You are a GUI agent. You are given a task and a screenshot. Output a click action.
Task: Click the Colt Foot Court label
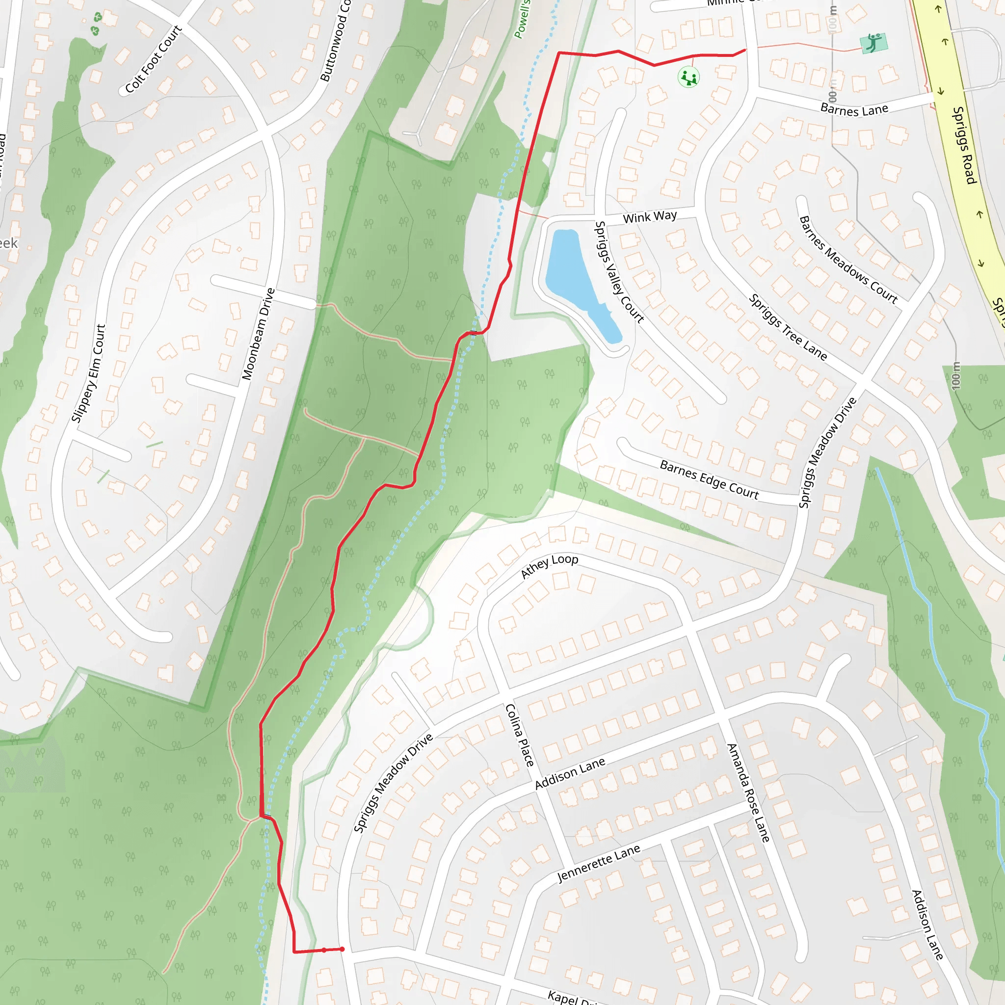pyautogui.click(x=154, y=59)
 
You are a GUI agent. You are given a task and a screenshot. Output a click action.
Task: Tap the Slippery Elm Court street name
pyautogui.click(x=88, y=373)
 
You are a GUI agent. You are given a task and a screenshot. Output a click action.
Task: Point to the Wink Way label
pyautogui.click(x=650, y=216)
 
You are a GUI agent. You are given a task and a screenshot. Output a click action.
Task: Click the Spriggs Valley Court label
pyautogui.click(x=619, y=271)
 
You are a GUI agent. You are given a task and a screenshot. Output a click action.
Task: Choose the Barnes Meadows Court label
pyautogui.click(x=848, y=260)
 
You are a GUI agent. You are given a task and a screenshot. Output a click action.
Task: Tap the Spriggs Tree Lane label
pyautogui.click(x=788, y=327)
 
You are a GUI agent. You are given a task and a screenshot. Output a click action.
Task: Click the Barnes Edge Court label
pyautogui.click(x=709, y=479)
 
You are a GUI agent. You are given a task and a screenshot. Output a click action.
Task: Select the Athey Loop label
pyautogui.click(x=549, y=566)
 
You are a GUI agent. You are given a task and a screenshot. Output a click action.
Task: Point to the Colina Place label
pyautogui.click(x=519, y=735)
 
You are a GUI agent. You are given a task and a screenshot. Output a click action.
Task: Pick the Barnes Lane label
pyautogui.click(x=854, y=109)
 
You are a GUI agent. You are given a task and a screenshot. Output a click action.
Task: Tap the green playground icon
pyautogui.click(x=688, y=78)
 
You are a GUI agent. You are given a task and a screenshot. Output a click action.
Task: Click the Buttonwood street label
pyautogui.click(x=336, y=41)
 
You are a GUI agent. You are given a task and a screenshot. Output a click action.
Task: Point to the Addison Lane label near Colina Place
pyautogui.click(x=570, y=773)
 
